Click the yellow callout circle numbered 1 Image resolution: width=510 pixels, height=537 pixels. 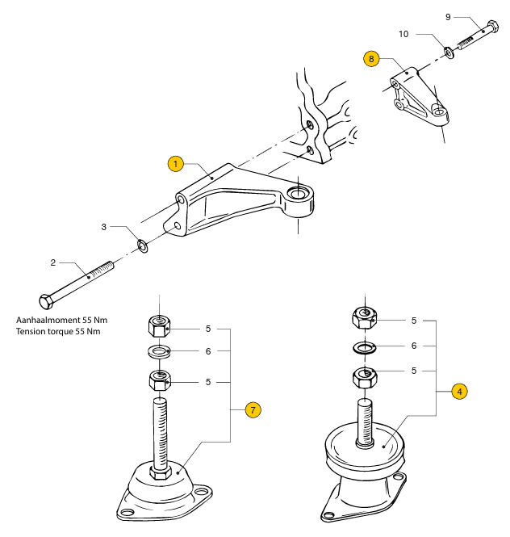click(176, 164)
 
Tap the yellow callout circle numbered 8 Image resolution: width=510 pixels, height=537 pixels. click(371, 59)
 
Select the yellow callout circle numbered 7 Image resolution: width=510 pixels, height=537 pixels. click(253, 410)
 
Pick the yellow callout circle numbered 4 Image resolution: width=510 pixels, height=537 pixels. click(459, 392)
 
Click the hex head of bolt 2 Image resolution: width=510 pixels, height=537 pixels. click(46, 301)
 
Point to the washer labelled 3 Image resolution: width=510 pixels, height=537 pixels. click(142, 246)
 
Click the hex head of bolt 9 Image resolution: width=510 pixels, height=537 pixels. click(492, 27)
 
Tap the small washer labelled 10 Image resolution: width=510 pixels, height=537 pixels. click(449, 52)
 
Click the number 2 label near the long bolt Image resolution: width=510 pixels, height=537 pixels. click(52, 262)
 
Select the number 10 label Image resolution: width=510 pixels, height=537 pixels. click(403, 34)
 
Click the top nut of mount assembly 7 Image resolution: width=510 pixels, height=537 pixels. click(160, 326)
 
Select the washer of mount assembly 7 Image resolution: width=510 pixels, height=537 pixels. click(159, 351)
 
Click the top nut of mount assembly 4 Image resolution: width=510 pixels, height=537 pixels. click(365, 318)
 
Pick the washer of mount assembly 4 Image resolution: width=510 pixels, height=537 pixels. click(365, 348)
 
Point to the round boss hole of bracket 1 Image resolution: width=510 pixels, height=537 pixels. click(297, 194)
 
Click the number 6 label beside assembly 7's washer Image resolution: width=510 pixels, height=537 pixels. click(208, 351)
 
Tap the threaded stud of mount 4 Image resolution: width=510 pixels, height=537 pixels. click(365, 423)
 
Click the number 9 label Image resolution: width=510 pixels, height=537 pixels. click(448, 17)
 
